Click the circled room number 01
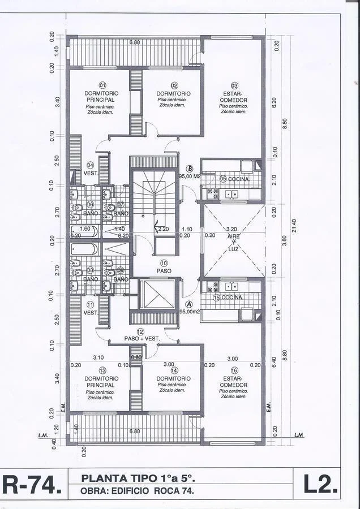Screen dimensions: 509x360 102,85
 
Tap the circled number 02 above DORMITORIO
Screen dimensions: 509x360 174,85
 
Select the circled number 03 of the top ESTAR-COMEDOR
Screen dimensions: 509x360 234,85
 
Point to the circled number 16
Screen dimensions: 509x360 234,370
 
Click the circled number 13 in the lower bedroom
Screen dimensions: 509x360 102,370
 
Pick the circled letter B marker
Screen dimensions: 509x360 190,169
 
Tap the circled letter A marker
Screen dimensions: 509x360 189,304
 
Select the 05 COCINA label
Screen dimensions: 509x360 231,179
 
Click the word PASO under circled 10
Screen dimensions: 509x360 164,271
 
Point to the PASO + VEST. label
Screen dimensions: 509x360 143,339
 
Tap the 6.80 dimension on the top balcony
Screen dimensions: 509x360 135,42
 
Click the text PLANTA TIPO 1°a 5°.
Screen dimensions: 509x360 134,478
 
